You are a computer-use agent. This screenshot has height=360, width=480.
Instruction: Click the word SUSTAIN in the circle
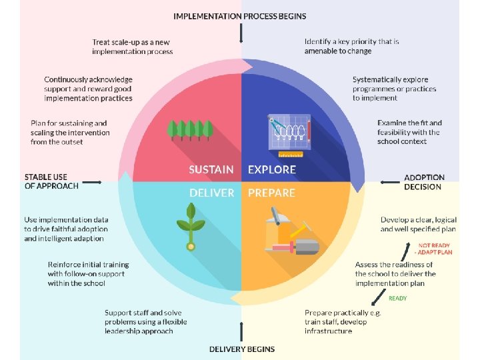[211, 169]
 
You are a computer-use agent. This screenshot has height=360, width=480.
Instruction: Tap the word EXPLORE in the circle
[272, 169]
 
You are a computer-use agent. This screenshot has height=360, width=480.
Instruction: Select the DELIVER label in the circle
[212, 193]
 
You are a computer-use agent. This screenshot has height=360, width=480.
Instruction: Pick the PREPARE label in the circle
[271, 193]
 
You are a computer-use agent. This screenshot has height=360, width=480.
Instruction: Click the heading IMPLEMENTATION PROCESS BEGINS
[240, 16]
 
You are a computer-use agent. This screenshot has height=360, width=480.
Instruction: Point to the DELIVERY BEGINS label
[242, 349]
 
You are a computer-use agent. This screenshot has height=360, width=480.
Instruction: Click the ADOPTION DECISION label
[424, 182]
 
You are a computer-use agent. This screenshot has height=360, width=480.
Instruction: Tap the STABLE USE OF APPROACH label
[51, 181]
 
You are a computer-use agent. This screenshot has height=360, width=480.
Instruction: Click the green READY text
[397, 298]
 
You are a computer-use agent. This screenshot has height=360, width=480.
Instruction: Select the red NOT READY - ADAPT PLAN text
[433, 249]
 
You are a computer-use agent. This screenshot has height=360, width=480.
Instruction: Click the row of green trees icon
[190, 130]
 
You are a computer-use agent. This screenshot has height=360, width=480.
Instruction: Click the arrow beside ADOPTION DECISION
[390, 183]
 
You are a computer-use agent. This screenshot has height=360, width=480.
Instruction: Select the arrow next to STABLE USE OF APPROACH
[92, 183]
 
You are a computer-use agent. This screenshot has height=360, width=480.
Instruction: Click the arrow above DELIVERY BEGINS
[241, 331]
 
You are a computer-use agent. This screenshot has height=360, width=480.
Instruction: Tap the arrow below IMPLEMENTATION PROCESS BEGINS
[241, 33]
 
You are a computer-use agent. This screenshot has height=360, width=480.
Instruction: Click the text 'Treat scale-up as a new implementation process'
[132, 47]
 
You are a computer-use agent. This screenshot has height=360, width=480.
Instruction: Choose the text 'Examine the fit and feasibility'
[409, 127]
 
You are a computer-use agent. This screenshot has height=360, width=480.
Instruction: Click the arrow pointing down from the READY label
[379, 297]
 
